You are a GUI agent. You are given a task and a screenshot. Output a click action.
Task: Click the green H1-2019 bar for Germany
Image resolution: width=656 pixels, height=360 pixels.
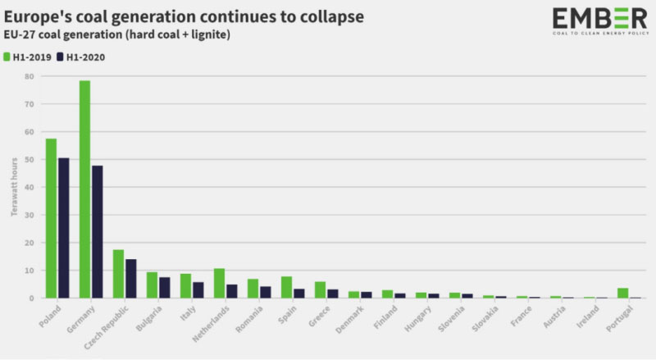pyautogui.click(x=84, y=189)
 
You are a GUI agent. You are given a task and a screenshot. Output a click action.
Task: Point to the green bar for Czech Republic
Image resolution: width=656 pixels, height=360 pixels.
pyautogui.click(x=118, y=274)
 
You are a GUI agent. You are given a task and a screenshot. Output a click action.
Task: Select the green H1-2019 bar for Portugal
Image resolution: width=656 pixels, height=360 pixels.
pyautogui.click(x=623, y=293)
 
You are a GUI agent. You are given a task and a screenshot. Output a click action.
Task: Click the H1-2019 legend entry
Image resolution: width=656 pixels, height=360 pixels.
pyautogui.click(x=28, y=57)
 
